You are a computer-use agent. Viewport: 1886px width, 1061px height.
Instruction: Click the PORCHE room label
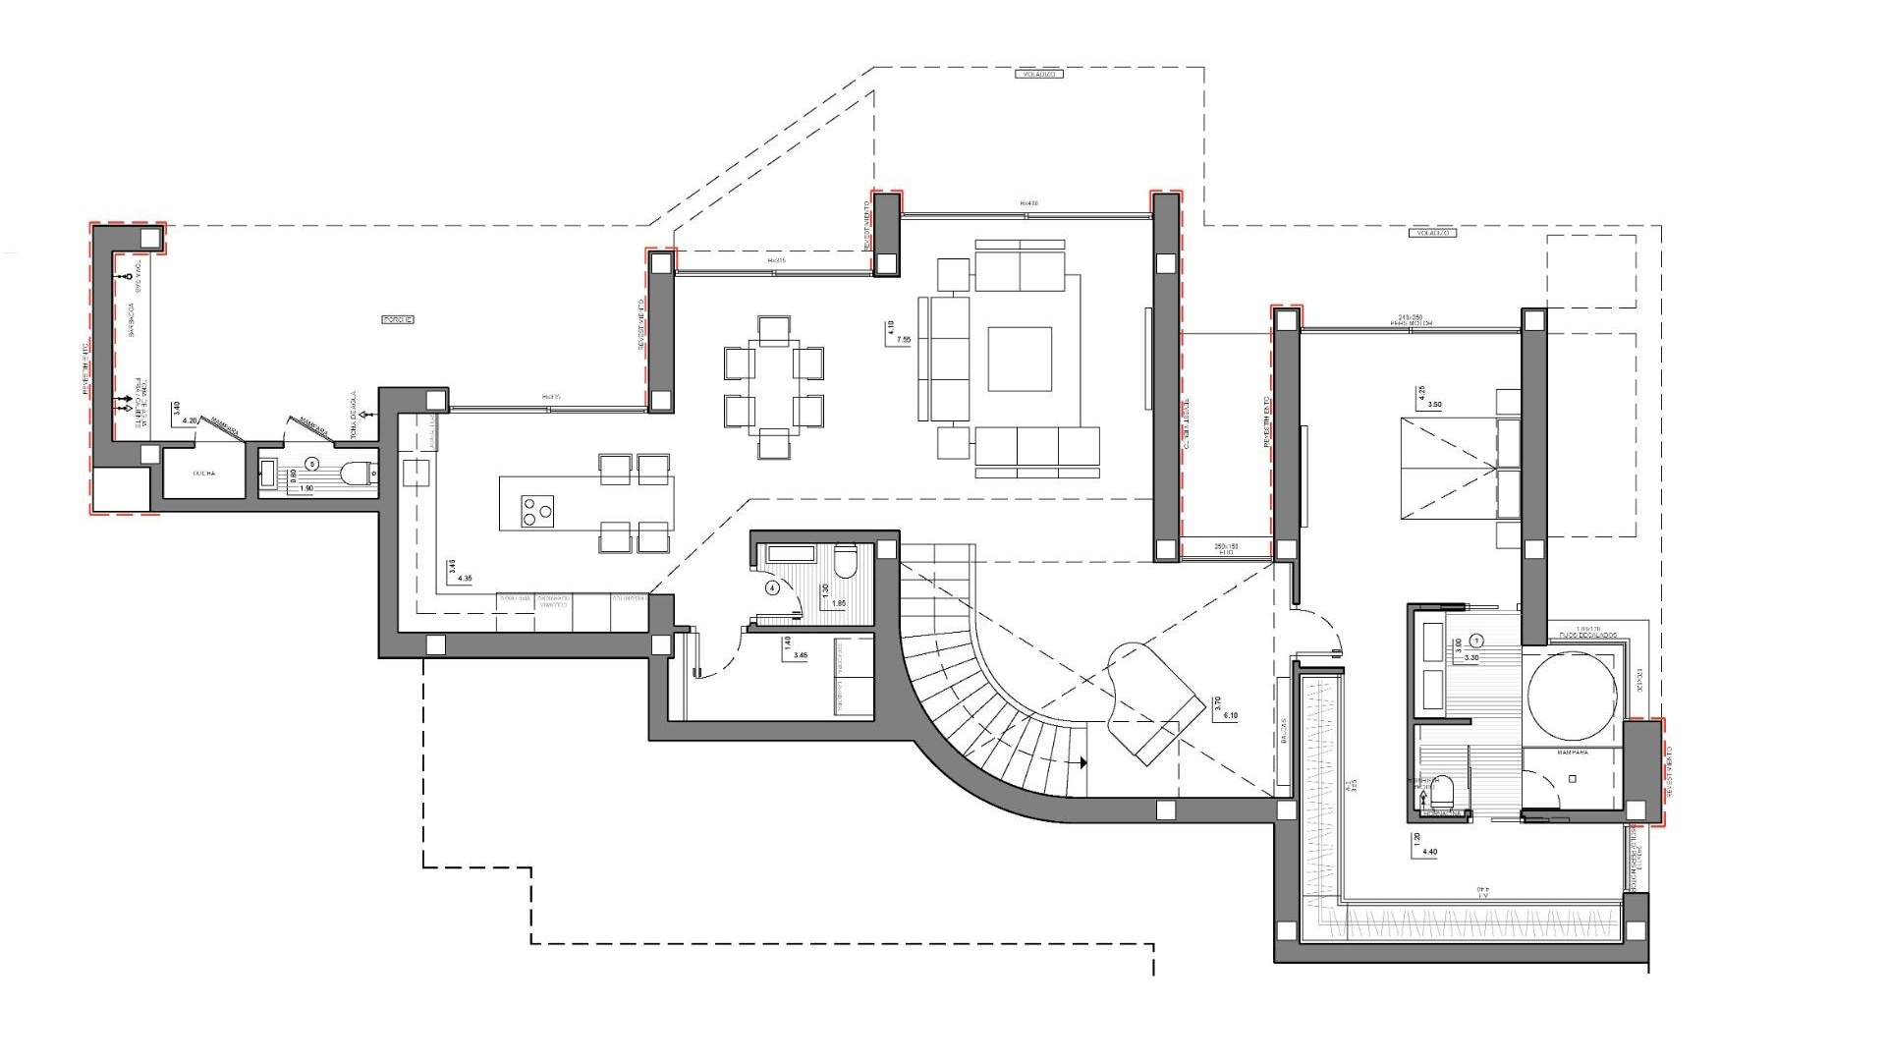tap(398, 319)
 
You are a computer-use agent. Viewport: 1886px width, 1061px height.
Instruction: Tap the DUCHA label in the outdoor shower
tap(203, 473)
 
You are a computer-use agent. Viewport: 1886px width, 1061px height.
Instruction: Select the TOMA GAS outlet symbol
tap(127, 278)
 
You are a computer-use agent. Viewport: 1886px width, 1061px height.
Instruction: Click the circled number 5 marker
tap(311, 462)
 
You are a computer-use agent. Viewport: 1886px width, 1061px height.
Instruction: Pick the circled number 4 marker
tap(773, 588)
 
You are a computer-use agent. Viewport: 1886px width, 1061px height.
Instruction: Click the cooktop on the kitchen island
tap(535, 510)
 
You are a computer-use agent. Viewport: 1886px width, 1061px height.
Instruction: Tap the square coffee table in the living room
tap(1019, 359)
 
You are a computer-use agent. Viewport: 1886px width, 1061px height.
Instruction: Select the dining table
tap(774, 387)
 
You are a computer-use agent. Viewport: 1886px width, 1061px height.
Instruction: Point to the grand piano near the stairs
tap(1154, 702)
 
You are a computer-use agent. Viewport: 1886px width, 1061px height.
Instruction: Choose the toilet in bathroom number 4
tap(845, 564)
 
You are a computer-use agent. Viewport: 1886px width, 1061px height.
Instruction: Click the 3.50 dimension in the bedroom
tap(1434, 405)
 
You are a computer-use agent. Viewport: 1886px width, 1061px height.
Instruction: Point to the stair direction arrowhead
tap(1082, 761)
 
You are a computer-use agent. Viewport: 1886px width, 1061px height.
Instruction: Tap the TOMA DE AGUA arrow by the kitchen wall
tap(365, 415)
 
